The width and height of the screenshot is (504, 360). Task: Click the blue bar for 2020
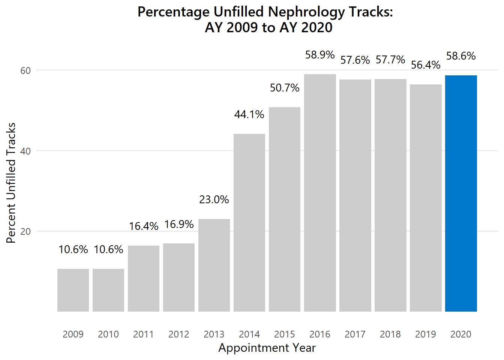click(461, 193)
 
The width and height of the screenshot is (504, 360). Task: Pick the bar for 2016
click(320, 193)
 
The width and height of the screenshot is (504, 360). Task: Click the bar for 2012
click(179, 277)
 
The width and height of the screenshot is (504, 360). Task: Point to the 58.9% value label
click(320, 55)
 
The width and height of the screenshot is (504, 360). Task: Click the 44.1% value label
click(249, 114)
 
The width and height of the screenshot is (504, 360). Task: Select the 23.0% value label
click(214, 199)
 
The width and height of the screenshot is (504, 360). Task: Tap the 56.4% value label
click(426, 65)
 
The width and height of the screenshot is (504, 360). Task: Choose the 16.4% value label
click(144, 226)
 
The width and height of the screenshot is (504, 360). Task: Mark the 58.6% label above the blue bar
click(461, 56)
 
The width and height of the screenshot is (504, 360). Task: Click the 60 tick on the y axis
click(25, 70)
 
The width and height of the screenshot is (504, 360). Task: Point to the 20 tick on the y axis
click(25, 231)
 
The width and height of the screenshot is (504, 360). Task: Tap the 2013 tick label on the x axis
click(214, 334)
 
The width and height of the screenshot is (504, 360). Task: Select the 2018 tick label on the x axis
click(390, 334)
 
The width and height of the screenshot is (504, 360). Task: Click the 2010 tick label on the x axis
click(108, 334)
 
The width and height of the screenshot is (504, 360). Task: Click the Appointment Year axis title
click(267, 348)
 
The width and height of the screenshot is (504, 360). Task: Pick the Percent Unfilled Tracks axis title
click(11, 183)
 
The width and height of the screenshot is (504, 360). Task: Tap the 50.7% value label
click(285, 88)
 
